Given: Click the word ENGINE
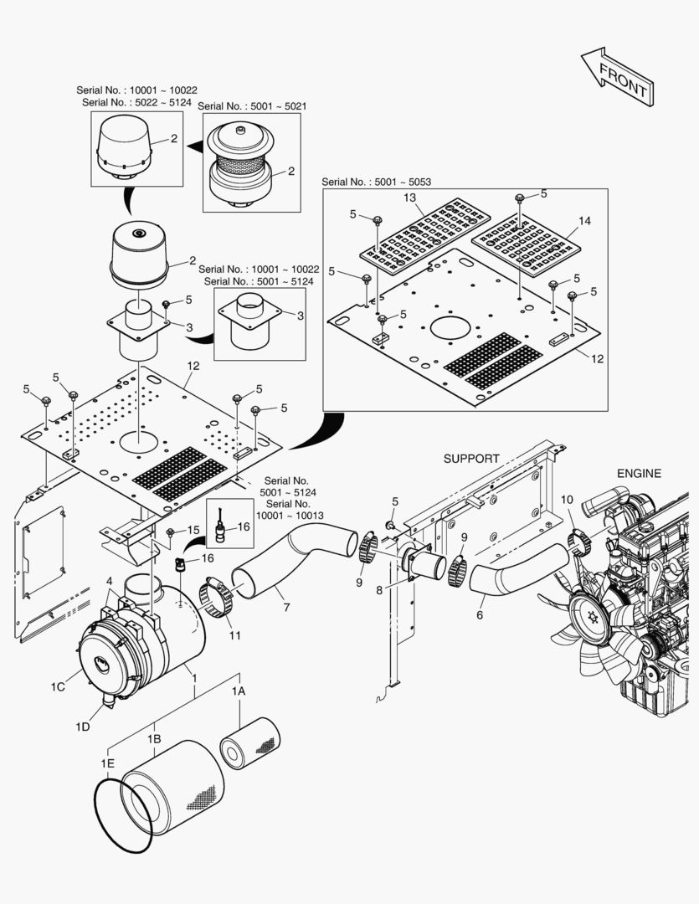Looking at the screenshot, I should click(x=639, y=474).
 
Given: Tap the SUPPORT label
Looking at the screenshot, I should click(x=471, y=459).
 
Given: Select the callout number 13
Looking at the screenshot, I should click(x=410, y=198).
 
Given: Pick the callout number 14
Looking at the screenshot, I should click(x=583, y=221).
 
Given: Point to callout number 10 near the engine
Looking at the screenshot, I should click(x=567, y=500).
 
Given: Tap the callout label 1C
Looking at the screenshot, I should click(x=58, y=686).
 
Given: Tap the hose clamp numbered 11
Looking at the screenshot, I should click(x=220, y=599).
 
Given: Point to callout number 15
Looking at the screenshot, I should click(x=193, y=531).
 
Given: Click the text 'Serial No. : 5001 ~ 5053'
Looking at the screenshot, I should click(x=377, y=182).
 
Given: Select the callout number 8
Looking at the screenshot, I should click(x=379, y=589).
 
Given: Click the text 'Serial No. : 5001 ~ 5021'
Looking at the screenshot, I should click(x=252, y=106).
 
